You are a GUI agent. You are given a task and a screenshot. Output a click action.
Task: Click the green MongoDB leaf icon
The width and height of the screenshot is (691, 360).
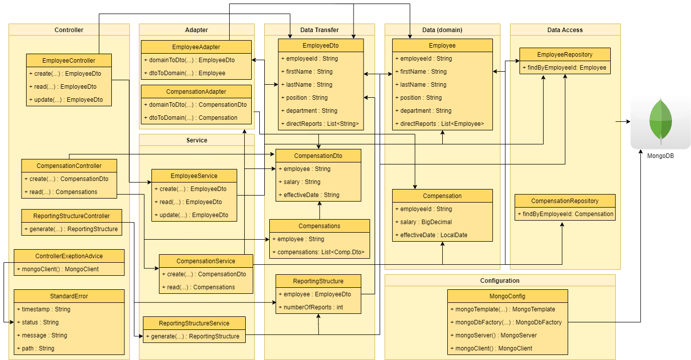click(660, 121)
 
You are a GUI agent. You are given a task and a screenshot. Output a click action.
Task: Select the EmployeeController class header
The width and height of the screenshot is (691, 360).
click(69, 61)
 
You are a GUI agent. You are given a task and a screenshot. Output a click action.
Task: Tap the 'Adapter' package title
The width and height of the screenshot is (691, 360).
click(197, 30)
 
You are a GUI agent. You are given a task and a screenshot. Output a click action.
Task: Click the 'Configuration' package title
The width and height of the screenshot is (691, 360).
click(499, 281)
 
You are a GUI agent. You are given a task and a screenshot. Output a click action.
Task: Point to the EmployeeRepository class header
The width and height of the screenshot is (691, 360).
click(565, 55)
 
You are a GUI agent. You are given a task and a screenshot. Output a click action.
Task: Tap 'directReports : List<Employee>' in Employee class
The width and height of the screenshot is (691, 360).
click(442, 124)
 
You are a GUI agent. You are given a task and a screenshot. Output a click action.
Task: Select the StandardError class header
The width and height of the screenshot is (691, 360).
click(69, 296)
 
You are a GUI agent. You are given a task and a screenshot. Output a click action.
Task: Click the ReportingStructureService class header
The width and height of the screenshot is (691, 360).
click(194, 323)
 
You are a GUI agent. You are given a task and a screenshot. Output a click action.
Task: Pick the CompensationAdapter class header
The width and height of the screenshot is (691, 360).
click(196, 92)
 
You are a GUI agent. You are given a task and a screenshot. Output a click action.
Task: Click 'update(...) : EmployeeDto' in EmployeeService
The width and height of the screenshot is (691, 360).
click(194, 215)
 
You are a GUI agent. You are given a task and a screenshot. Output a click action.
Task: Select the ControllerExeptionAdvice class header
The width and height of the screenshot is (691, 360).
click(69, 256)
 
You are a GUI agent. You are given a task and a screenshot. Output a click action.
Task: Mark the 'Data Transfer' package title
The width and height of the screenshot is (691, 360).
click(319, 30)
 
